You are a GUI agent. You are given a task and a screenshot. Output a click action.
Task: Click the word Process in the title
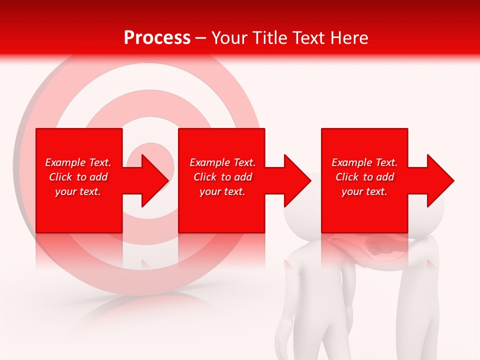pos(157,38)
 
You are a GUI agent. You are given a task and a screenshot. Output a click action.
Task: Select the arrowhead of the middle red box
pos(296,180)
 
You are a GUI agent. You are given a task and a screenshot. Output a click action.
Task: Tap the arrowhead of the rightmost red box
pos(439,180)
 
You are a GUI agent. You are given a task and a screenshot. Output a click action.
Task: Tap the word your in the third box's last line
pos(352,191)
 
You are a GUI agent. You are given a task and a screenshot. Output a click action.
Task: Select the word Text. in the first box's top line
pos(100,162)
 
